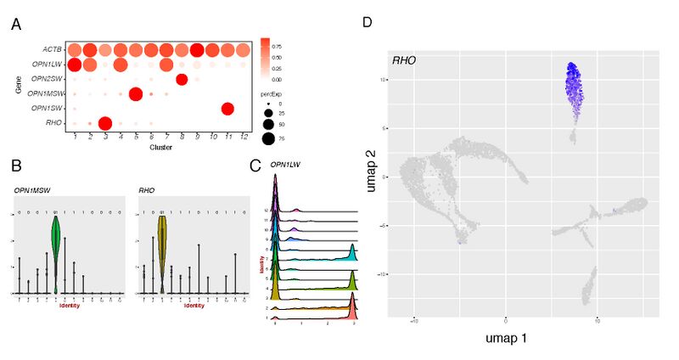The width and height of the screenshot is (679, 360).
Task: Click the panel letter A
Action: point(16,25)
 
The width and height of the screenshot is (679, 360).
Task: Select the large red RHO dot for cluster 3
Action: point(104,124)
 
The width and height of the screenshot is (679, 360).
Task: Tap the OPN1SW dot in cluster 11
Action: point(227,108)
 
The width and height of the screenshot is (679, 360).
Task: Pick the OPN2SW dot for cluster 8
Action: point(182,79)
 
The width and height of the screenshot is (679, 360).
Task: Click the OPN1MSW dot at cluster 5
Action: point(135,93)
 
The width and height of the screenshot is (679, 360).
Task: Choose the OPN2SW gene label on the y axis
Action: point(48,79)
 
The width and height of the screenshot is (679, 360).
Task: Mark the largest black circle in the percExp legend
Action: point(269,136)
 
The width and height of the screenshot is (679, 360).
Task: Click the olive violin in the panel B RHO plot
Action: point(161,246)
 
